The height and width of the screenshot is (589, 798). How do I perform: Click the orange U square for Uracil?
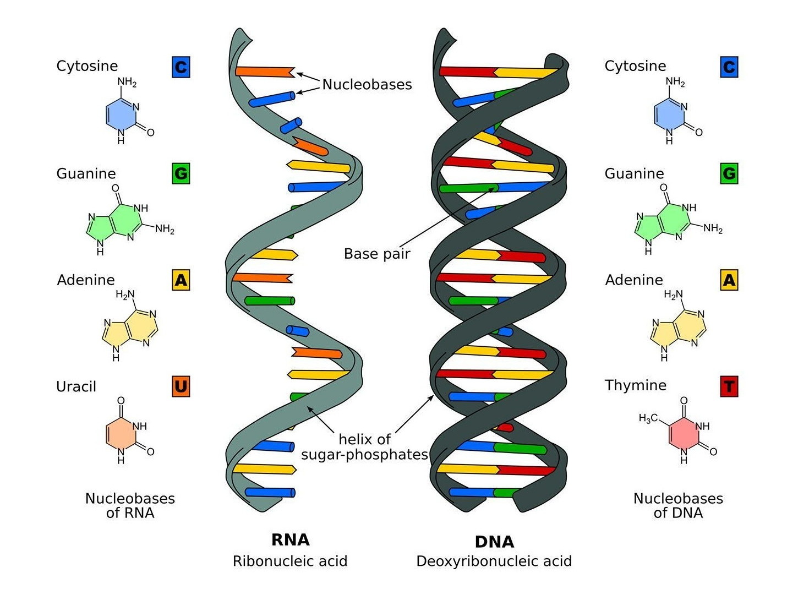tap(181, 386)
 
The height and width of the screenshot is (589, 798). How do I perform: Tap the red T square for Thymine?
tap(729, 386)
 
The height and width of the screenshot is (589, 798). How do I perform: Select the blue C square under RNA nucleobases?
tap(181, 67)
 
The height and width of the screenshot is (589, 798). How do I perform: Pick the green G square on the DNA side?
tap(729, 174)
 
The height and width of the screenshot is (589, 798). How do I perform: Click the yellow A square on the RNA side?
tap(181, 280)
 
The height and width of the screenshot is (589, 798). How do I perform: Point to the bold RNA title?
tap(291, 539)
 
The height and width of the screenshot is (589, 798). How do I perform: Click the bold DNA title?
tap(494, 542)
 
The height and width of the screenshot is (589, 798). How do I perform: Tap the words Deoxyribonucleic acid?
tap(494, 561)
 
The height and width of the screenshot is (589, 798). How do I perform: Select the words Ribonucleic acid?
tap(290, 561)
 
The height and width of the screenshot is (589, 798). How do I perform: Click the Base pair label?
tap(377, 254)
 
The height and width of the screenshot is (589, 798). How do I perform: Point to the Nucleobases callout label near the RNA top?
tap(367, 84)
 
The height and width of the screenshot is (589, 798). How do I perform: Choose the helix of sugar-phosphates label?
tap(364, 447)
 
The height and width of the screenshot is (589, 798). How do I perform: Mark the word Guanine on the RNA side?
tap(86, 174)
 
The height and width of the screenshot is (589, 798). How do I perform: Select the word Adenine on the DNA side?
tap(634, 280)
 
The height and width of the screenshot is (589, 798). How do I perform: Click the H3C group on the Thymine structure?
tap(648, 419)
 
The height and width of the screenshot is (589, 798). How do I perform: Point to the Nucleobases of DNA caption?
tap(678, 505)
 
